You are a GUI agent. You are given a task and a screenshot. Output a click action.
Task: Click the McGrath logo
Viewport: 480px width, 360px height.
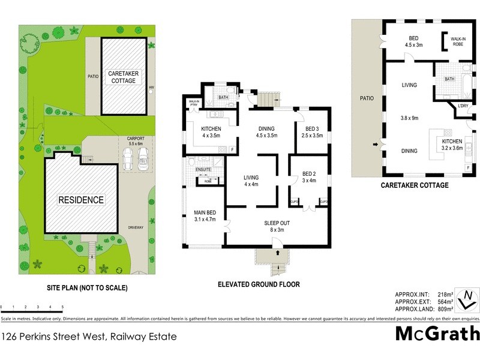437,333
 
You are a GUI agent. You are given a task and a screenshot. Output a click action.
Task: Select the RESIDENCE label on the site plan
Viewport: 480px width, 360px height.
81,200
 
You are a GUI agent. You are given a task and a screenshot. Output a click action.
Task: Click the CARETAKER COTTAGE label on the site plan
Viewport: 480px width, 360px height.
124,77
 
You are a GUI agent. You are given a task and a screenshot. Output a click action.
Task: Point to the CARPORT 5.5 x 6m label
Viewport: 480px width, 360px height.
135,140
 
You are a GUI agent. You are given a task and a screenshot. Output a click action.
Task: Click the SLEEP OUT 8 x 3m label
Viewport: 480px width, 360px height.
277,226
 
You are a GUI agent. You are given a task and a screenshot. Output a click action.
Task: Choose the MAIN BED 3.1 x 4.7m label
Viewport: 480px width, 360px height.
205,215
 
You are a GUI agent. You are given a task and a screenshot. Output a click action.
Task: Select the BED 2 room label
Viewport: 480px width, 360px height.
308,176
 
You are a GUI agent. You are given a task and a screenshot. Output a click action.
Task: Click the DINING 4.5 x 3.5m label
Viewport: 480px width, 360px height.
266,132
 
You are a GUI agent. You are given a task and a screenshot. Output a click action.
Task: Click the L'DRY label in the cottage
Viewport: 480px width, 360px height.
463,106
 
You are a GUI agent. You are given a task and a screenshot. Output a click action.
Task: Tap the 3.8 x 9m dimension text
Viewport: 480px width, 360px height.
410,118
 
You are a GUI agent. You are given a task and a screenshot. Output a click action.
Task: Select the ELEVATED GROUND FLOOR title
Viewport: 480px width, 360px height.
259,284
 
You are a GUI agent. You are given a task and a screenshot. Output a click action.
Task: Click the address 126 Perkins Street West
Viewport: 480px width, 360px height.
89,337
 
